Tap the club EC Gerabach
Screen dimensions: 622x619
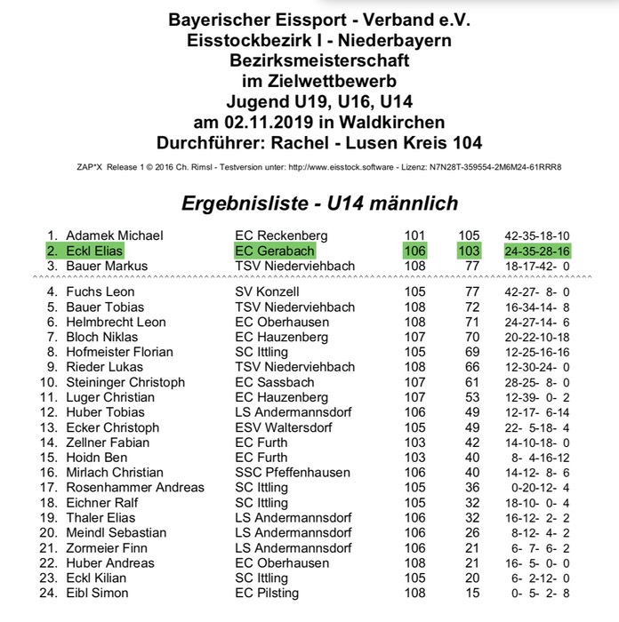coord(275,251)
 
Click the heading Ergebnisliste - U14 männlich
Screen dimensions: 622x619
coord(319,203)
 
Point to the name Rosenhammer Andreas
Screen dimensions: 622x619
coord(134,488)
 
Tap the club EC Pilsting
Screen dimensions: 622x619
coord(267,594)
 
